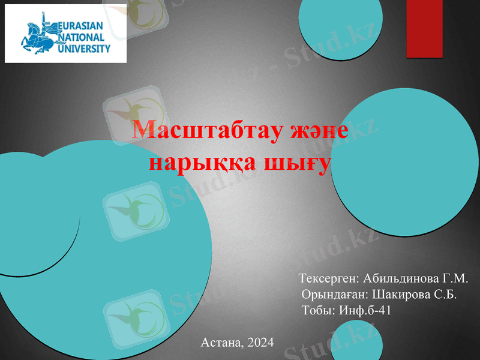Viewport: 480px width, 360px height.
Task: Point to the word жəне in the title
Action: pos(316,130)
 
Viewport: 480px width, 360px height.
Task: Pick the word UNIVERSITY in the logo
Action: pos(84,49)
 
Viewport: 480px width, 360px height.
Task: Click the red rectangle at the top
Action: pos(424,28)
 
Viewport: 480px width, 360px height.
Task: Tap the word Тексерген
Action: pos(328,279)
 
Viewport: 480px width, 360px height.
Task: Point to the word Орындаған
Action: pos(334,295)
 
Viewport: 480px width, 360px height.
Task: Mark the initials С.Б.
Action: pos(443,295)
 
